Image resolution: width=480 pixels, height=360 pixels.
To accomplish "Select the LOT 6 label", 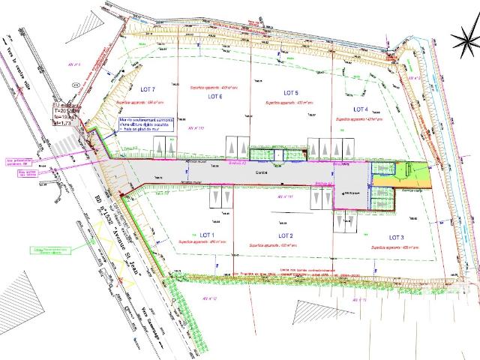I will pyautogui.click(x=216, y=97).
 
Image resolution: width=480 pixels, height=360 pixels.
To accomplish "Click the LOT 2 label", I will pyautogui.click(x=285, y=236).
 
